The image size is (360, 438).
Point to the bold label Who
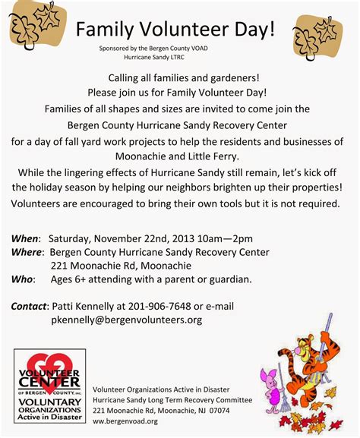point(22,279)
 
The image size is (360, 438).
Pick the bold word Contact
point(30,306)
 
